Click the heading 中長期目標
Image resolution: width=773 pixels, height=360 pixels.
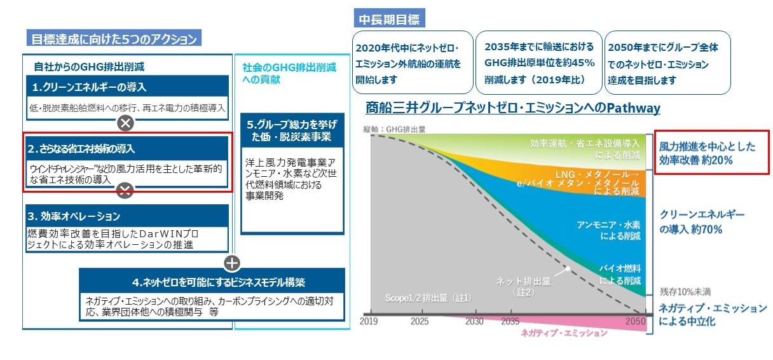(x=389, y=19)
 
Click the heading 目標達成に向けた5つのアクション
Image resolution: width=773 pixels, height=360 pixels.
(x=114, y=38)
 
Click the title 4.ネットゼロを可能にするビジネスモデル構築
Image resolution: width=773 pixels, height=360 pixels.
(x=212, y=280)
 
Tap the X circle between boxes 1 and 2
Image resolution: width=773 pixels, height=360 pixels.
(x=125, y=123)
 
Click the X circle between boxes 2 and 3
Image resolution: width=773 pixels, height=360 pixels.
(x=125, y=190)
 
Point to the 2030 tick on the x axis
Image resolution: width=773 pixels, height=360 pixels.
(x=474, y=321)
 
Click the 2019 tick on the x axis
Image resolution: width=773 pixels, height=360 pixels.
(x=369, y=321)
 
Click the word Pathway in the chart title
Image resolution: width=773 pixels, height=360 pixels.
(x=633, y=108)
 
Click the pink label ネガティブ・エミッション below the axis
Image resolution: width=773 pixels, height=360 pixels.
(x=559, y=333)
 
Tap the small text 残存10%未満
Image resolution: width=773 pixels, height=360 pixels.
(x=685, y=291)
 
